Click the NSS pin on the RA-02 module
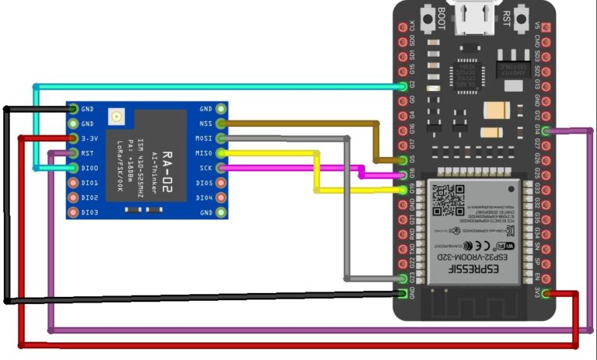click(222, 124)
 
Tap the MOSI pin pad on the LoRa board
click(222, 138)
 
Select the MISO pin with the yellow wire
click(222, 153)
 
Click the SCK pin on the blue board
click(222, 168)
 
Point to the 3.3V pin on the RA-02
click(73, 138)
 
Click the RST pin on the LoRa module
click(73, 153)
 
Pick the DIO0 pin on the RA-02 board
click(73, 168)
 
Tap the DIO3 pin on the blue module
click(73, 212)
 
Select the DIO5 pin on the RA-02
click(222, 183)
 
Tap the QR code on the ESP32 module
click(447, 200)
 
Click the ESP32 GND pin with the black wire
click(402, 293)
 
